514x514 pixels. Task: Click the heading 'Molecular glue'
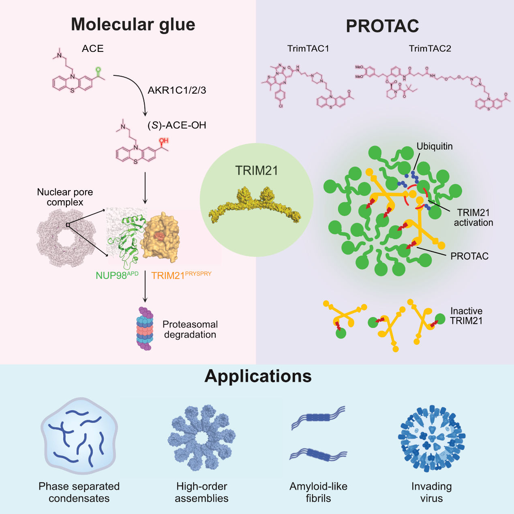[x=133, y=25]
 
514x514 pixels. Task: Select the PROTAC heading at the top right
[x=382, y=26]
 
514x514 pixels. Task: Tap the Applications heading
[x=258, y=376]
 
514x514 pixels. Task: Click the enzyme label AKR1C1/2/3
[x=177, y=90]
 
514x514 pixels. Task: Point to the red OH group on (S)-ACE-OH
[x=163, y=141]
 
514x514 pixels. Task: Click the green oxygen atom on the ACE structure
[x=98, y=70]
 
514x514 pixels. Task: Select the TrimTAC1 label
[x=308, y=49]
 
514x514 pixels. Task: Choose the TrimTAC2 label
[x=430, y=49]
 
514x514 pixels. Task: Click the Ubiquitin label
[x=435, y=146]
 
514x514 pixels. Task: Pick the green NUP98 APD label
[x=117, y=275]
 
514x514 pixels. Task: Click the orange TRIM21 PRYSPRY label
[x=181, y=275]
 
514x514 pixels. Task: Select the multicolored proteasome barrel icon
[x=145, y=328]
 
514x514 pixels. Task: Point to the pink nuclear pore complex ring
[x=66, y=239]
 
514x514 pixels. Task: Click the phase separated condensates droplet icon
[x=79, y=437]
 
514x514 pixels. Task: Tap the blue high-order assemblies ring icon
[x=201, y=438]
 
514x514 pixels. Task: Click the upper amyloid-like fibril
[x=318, y=418]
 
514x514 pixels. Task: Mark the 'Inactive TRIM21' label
[x=466, y=316]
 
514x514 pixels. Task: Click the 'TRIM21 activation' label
[x=473, y=217]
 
